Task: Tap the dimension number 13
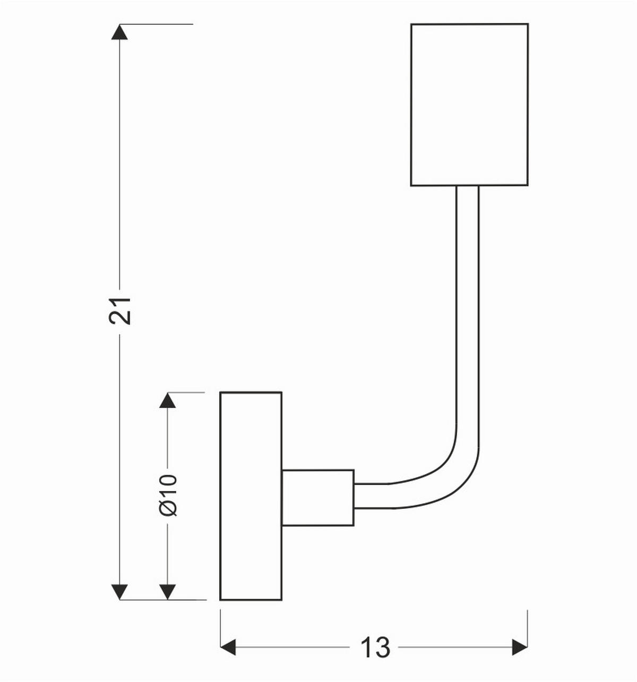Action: pyautogui.click(x=375, y=648)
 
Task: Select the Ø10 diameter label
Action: pyautogui.click(x=168, y=494)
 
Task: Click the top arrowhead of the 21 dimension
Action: pyautogui.click(x=120, y=32)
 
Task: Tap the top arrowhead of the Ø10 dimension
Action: pyautogui.click(x=168, y=400)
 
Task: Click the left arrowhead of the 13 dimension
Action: pyautogui.click(x=228, y=648)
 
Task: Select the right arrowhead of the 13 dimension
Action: pyautogui.click(x=520, y=648)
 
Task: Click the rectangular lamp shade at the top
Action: pyautogui.click(x=469, y=105)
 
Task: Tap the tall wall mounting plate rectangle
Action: pyautogui.click(x=251, y=496)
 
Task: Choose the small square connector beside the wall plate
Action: pyautogui.click(x=317, y=497)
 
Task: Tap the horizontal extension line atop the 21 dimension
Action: pyautogui.click(x=159, y=24)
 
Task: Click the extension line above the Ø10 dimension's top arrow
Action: pyautogui.click(x=186, y=393)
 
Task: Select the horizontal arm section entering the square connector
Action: pyautogui.click(x=372, y=496)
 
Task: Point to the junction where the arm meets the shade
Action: pyautogui.click(x=468, y=186)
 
